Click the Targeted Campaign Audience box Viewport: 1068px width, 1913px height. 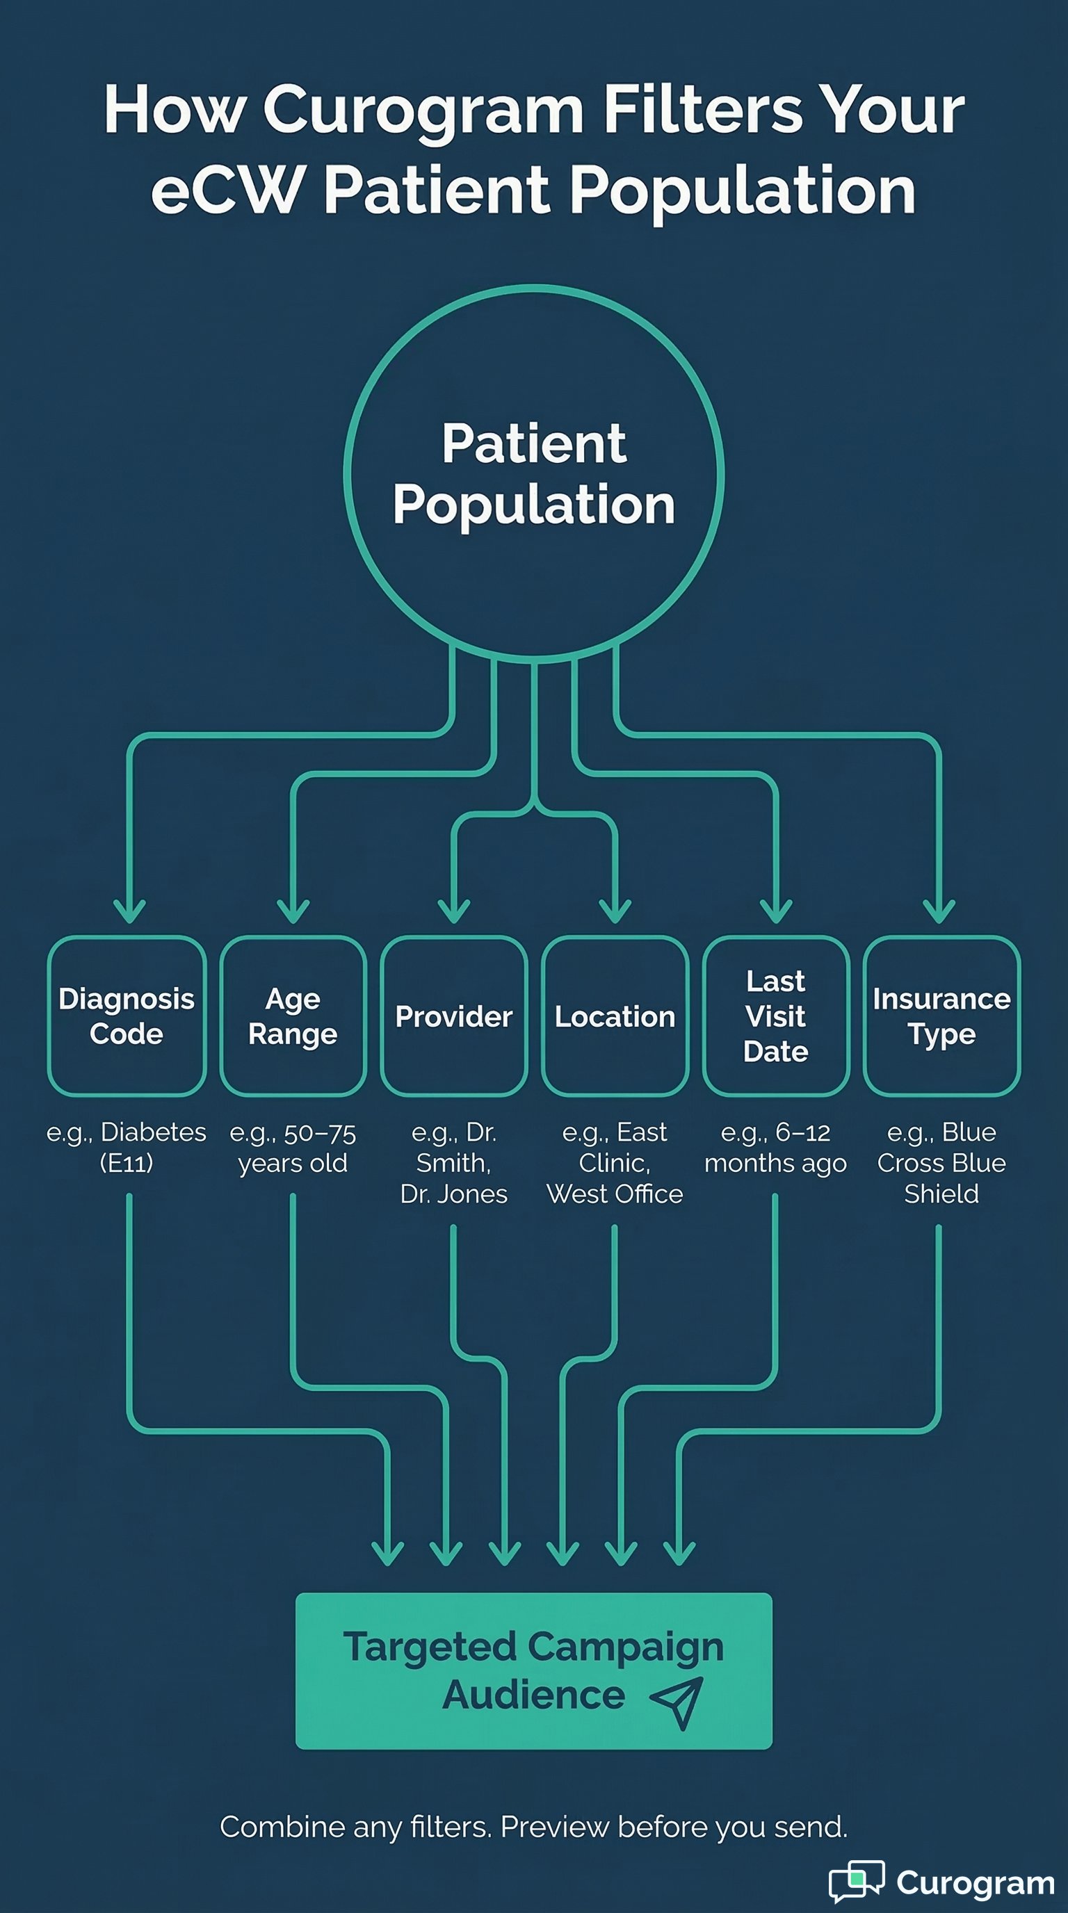[533, 1670]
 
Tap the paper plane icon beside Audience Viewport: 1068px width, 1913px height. [677, 1702]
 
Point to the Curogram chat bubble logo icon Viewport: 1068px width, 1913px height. [857, 1881]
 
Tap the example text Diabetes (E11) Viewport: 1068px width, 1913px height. [127, 1148]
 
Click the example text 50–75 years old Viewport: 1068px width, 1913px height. [293, 1148]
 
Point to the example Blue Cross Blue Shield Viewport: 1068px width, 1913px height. [941, 1163]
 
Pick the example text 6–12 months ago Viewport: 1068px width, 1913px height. [775, 1148]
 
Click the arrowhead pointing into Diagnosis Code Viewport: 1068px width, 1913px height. [129, 911]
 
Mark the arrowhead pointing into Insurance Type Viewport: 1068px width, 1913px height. [939, 911]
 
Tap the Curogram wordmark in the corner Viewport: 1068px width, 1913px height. [975, 1883]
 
